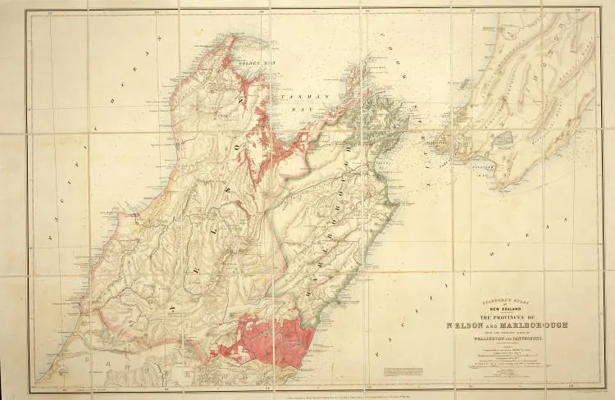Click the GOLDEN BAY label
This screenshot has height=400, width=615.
(239, 61)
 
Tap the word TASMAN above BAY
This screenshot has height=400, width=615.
(291, 97)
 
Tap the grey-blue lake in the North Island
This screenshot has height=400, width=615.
(501, 140)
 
